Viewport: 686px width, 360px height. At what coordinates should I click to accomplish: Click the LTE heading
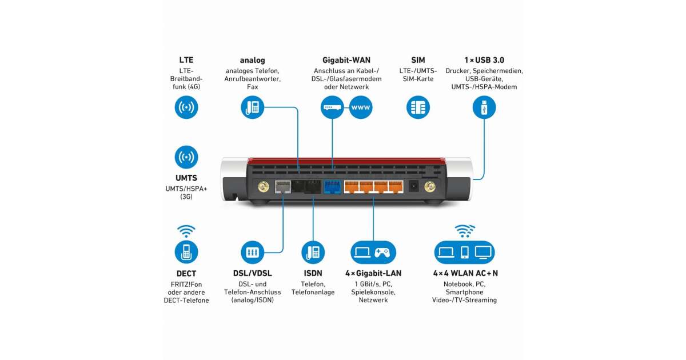pos(186,60)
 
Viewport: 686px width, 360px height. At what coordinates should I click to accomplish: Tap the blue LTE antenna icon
pos(186,107)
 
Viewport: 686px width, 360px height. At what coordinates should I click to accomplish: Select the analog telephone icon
pos(252,107)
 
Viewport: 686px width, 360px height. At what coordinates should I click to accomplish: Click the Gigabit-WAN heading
pos(346,60)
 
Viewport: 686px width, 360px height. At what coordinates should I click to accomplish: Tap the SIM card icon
pos(418,107)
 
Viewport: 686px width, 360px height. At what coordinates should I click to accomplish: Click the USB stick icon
pos(484,107)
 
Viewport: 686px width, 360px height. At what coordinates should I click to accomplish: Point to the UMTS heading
pos(186,178)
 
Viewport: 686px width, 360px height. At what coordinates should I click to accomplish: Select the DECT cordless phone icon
pos(186,251)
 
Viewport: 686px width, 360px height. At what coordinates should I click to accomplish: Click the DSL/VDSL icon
pos(252,251)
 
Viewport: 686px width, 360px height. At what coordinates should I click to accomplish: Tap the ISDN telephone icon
pos(313,251)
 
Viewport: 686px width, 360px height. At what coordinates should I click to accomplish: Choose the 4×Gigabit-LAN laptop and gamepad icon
pos(373,251)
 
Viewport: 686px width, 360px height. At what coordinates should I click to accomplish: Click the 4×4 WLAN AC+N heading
pos(465,274)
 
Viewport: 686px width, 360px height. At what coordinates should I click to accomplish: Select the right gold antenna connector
pos(429,186)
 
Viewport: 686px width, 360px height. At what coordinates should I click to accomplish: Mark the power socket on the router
pos(413,186)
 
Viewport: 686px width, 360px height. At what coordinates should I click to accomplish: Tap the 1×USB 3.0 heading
pos(484,60)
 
